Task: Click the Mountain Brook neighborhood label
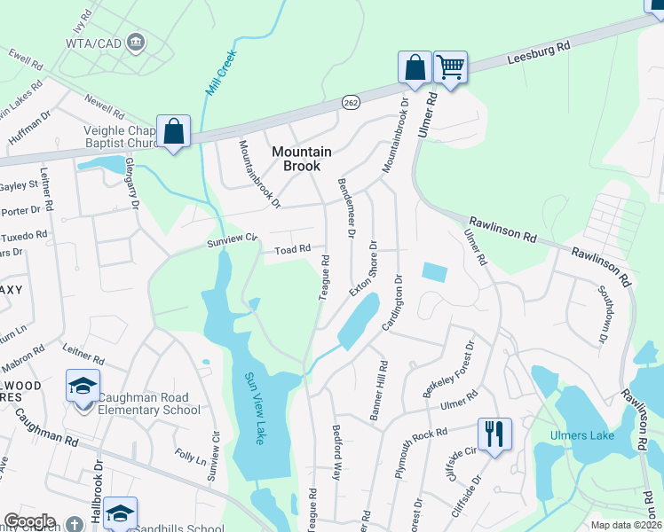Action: pyautogui.click(x=301, y=159)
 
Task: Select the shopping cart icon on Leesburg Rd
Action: pyautogui.click(x=451, y=66)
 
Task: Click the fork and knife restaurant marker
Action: pyautogui.click(x=494, y=434)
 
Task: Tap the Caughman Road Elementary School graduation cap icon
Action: pyautogui.click(x=83, y=387)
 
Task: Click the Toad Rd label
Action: pyautogui.click(x=291, y=250)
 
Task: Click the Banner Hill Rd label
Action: pyautogui.click(x=383, y=390)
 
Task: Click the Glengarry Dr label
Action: pyautogui.click(x=130, y=190)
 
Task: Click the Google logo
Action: pyautogui.click(x=29, y=521)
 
